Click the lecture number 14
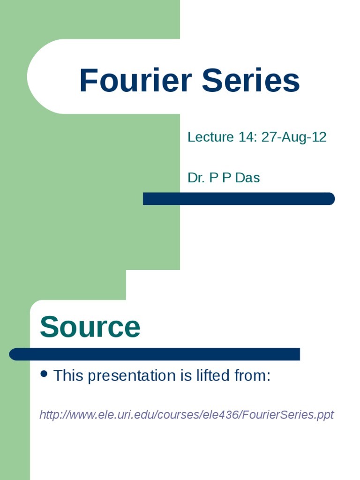[x=247, y=137]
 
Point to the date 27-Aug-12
[x=294, y=137]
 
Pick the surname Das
[x=247, y=178]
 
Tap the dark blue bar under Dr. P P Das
[x=239, y=199]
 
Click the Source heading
[x=90, y=327]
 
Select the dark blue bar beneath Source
[x=155, y=354]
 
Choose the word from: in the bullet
[x=253, y=375]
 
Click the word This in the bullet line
[x=68, y=375]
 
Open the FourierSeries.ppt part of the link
[x=289, y=415]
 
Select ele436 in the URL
[x=223, y=415]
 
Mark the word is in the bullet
[x=187, y=375]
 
